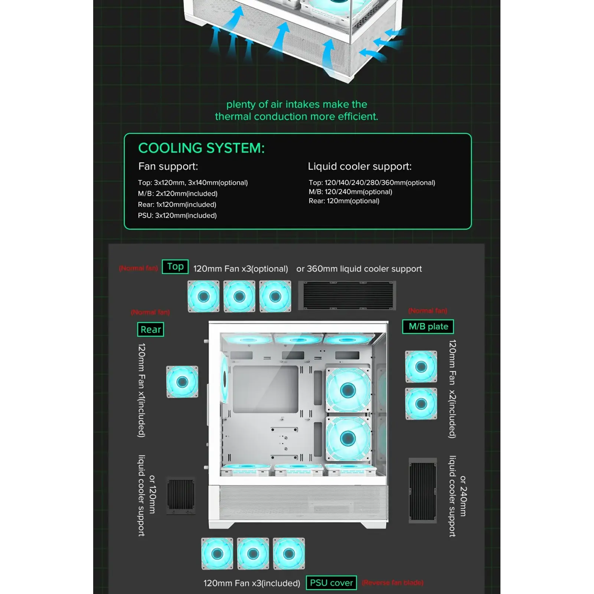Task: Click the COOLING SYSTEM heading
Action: pyautogui.click(x=201, y=148)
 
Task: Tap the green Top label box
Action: pyautogui.click(x=175, y=267)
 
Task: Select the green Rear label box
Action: pyautogui.click(x=151, y=329)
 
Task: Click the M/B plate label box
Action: pyautogui.click(x=428, y=327)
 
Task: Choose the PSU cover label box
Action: pyautogui.click(x=331, y=582)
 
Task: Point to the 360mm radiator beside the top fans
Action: pyautogui.click(x=348, y=296)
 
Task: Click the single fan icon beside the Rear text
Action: pyautogui.click(x=182, y=382)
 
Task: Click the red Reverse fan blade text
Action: pyautogui.click(x=392, y=582)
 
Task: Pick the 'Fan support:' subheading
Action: pyautogui.click(x=168, y=166)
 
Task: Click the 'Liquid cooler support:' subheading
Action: pyautogui.click(x=359, y=166)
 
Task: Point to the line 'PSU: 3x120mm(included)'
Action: pyautogui.click(x=177, y=215)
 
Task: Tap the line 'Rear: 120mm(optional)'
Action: pyautogui.click(x=344, y=201)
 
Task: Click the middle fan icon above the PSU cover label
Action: pyautogui.click(x=253, y=554)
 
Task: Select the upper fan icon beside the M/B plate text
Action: pyautogui.click(x=421, y=366)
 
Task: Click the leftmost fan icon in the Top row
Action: pyautogui.click(x=203, y=296)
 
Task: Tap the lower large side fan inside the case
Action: pyautogui.click(x=348, y=438)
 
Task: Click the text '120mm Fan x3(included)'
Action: pyautogui.click(x=252, y=583)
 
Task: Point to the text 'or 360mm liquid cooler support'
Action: pyautogui.click(x=359, y=269)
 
